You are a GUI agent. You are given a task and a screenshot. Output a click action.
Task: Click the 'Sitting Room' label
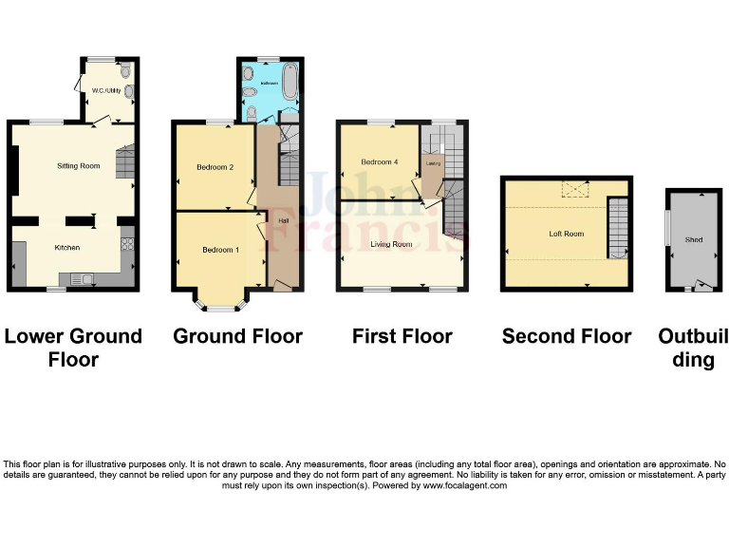coord(78,166)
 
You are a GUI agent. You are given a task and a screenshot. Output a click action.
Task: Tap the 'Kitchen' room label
coord(66,248)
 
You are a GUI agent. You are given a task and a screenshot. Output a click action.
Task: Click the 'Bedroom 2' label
coord(215,167)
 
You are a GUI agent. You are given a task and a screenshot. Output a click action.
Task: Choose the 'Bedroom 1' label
coord(220,250)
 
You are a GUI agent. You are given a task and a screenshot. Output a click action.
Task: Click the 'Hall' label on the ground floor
coord(283,221)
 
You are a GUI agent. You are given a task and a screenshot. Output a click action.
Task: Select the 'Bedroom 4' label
coord(379,162)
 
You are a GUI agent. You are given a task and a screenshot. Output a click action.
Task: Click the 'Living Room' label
coord(390,244)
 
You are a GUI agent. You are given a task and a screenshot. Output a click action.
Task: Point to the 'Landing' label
coord(432,162)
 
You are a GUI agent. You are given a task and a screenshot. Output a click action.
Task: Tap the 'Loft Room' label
coord(566,234)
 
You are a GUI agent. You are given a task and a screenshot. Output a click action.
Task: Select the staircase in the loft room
coord(618,228)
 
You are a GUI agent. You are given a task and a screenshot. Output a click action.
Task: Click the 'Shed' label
coord(693,240)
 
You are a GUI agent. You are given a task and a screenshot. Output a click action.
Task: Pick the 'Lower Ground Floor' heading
coord(73,348)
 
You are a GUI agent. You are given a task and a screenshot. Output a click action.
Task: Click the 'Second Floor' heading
coord(566,336)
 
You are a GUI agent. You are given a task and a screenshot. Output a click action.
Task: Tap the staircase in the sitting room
coord(126,163)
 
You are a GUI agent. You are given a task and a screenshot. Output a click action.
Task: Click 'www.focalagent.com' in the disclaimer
coord(465,485)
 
